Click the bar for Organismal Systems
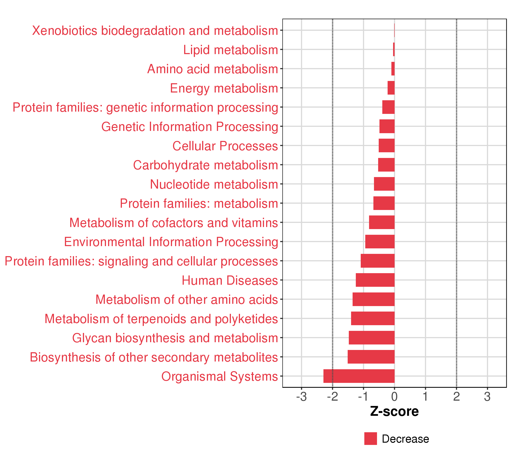(359, 376)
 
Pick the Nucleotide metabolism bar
(384, 184)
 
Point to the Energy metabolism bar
(391, 88)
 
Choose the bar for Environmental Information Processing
(380, 242)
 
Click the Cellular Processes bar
(386, 145)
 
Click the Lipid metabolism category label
(231, 50)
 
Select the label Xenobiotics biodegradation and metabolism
(155, 31)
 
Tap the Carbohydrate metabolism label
(206, 165)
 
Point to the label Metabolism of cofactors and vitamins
(174, 223)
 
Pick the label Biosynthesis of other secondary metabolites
(154, 357)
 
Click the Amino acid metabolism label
(213, 69)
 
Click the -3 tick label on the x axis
(301, 397)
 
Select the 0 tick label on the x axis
(394, 397)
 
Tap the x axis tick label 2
(456, 397)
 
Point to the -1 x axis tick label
(363, 397)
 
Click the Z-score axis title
(394, 411)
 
